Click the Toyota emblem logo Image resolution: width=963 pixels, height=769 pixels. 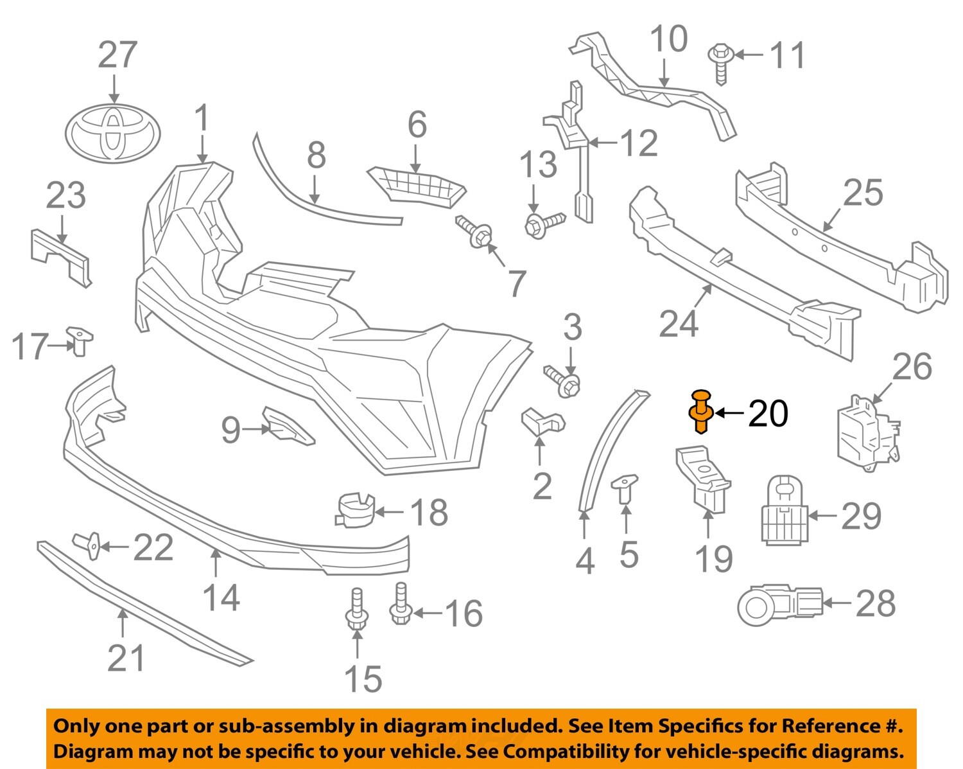113,133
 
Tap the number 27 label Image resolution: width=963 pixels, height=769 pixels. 117,55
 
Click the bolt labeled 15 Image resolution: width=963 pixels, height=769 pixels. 356,610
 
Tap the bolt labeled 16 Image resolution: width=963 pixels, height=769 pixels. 400,604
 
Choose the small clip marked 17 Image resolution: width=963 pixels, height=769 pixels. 80,340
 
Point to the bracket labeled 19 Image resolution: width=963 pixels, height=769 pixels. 703,479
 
